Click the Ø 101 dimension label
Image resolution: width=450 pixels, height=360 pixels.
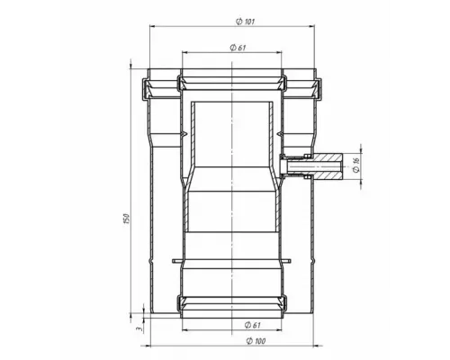click(x=245, y=22)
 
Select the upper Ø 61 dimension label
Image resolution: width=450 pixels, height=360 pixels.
click(x=238, y=48)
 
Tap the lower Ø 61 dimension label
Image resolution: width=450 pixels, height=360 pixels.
click(x=252, y=325)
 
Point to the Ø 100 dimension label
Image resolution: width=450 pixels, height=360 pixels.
click(x=256, y=341)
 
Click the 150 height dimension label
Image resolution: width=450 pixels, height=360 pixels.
click(x=126, y=219)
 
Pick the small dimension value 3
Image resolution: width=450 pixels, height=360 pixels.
click(x=139, y=328)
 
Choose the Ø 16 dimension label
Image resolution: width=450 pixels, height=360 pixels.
click(x=356, y=166)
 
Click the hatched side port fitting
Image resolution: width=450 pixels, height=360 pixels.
click(x=328, y=166)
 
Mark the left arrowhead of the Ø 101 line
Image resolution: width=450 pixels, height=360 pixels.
click(x=152, y=26)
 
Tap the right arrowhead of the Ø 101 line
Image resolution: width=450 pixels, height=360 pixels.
click(x=311, y=26)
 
